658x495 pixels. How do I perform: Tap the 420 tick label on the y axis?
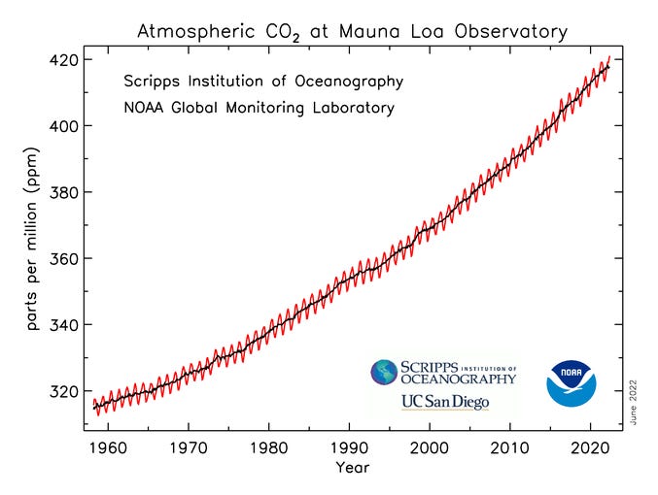click(64, 59)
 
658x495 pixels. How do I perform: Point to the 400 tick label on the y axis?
click(64, 126)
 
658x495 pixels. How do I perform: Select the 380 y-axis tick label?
click(64, 192)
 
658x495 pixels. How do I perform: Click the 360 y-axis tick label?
click(64, 259)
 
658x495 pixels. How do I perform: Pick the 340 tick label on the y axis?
click(64, 325)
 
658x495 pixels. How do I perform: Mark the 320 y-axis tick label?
click(64, 391)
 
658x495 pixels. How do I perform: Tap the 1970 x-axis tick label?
click(191, 449)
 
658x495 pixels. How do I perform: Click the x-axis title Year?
click(353, 468)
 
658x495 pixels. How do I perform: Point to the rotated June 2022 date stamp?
click(633, 399)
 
